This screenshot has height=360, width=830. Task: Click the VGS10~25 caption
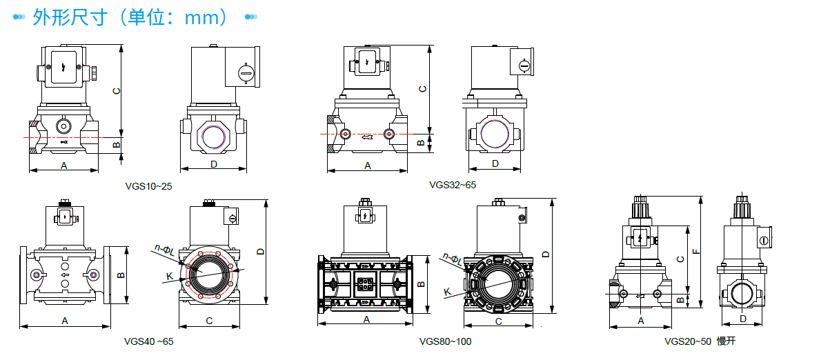[x=148, y=186]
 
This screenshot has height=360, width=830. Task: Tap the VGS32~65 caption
[x=453, y=185]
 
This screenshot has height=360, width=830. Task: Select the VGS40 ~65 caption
[x=148, y=341]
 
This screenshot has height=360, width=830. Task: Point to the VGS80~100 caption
[x=446, y=341]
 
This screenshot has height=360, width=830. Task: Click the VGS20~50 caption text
[x=687, y=341]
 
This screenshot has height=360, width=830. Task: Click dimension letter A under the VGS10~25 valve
[x=64, y=166]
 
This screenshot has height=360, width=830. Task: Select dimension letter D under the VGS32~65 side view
[x=495, y=163]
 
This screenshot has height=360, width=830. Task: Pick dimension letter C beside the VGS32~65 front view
[x=423, y=89]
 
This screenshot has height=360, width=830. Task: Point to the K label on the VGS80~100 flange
[x=447, y=292]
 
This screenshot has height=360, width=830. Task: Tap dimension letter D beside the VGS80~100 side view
[x=546, y=254]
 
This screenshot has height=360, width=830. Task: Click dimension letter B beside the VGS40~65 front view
[x=121, y=274]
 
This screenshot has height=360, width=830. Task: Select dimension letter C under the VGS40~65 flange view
[x=209, y=321]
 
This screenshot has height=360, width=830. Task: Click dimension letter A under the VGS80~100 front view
[x=366, y=319]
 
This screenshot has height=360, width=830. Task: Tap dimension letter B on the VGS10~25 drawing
[x=117, y=143]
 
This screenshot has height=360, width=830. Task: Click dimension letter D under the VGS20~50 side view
[x=742, y=319]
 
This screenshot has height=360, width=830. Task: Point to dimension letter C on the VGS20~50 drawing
[x=680, y=259]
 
